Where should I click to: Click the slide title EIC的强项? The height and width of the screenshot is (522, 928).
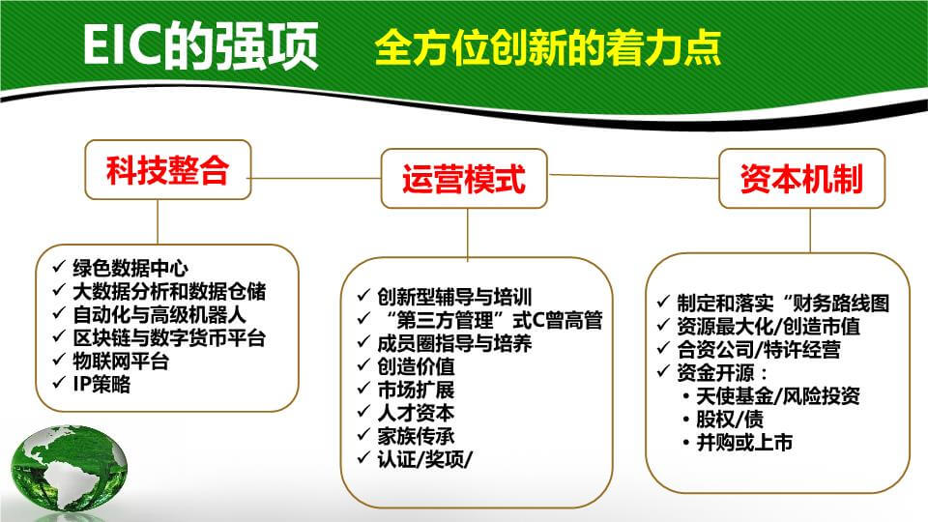coord(201,46)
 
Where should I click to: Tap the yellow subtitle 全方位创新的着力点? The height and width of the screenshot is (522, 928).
coord(548,47)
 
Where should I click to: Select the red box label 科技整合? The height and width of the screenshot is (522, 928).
coord(168,170)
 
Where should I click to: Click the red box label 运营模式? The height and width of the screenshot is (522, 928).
coord(464,179)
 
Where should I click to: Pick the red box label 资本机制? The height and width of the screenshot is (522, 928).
coord(802,178)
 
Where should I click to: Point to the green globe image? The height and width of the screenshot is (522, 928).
coord(69,468)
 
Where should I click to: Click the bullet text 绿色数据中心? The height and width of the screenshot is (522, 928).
coord(130,268)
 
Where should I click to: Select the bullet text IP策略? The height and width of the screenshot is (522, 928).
coord(101,385)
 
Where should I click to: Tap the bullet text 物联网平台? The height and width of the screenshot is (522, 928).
coord(122,361)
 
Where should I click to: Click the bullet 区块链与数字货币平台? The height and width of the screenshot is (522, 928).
coord(169,338)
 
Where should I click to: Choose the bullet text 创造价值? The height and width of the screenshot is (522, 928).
coord(416,366)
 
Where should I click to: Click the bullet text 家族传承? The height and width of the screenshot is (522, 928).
coord(416,436)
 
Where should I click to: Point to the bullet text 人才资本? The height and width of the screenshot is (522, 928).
coord(416,413)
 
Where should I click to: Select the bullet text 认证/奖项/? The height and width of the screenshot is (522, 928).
coord(425,459)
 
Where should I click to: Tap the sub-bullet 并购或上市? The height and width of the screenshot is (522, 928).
coord(744,443)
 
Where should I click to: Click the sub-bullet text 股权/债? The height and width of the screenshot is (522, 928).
coord(730,420)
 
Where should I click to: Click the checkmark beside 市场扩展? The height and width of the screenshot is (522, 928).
coord(363,389)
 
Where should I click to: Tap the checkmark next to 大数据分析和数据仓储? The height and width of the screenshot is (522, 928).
coord(59,289)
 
